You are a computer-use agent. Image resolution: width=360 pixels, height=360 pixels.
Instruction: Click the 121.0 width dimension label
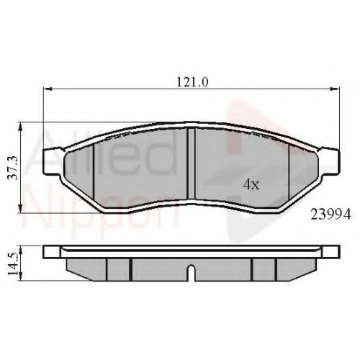click(192, 82)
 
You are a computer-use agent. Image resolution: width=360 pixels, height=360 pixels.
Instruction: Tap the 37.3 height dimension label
click(13, 168)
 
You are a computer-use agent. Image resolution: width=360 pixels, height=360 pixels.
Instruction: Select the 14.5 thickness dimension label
click(13, 264)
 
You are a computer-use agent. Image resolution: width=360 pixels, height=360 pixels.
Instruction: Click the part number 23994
click(330, 215)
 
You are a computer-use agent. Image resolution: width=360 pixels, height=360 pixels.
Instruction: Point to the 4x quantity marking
click(251, 184)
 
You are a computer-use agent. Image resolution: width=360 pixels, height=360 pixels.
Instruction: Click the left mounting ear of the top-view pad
click(51, 161)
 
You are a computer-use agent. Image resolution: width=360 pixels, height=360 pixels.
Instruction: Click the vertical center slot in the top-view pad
click(192, 163)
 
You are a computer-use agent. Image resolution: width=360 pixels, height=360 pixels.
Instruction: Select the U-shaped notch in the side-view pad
click(191, 273)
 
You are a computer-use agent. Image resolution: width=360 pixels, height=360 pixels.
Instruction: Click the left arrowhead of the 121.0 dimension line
click(48, 89)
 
